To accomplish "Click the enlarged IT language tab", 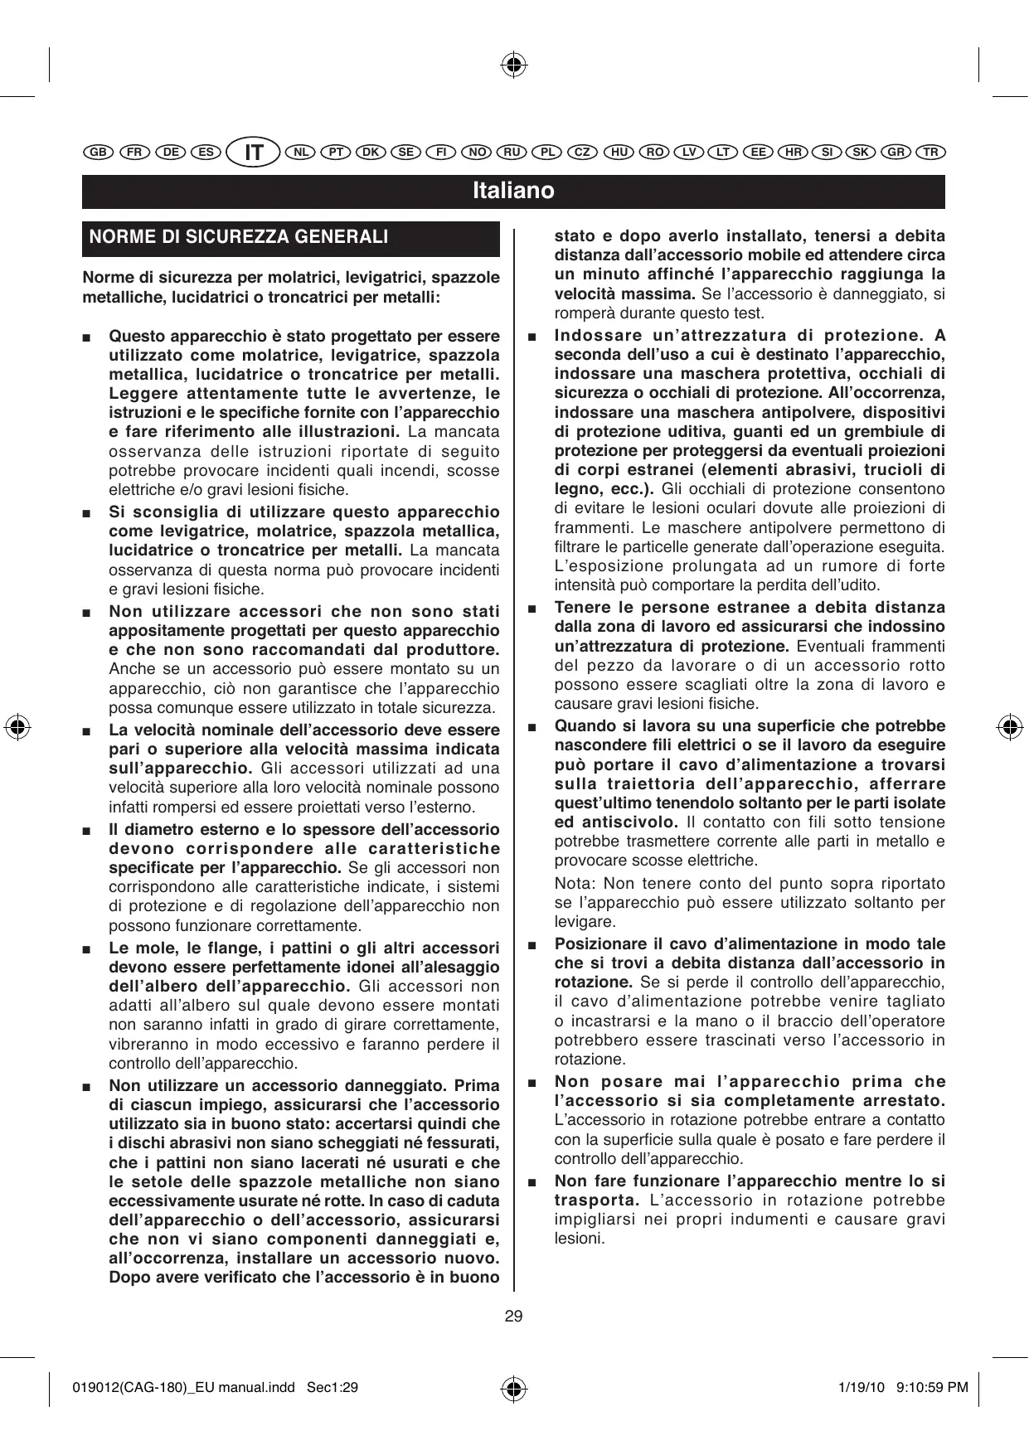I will click(x=255, y=153).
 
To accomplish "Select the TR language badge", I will click(x=931, y=153).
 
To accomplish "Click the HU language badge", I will click(x=618, y=153).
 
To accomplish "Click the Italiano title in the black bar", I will click(x=513, y=192).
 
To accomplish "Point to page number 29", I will click(x=513, y=1316).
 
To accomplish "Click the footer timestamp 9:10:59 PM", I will click(x=933, y=1387).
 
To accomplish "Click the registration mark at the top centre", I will click(x=514, y=65).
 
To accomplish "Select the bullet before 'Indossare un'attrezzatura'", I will click(x=531, y=337).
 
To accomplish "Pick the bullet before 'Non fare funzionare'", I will click(x=531, y=1181).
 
